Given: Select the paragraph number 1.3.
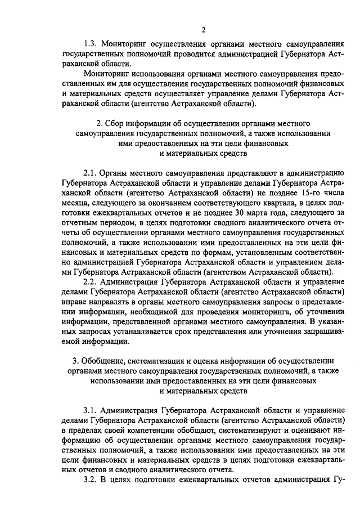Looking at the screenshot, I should pos(91,44).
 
